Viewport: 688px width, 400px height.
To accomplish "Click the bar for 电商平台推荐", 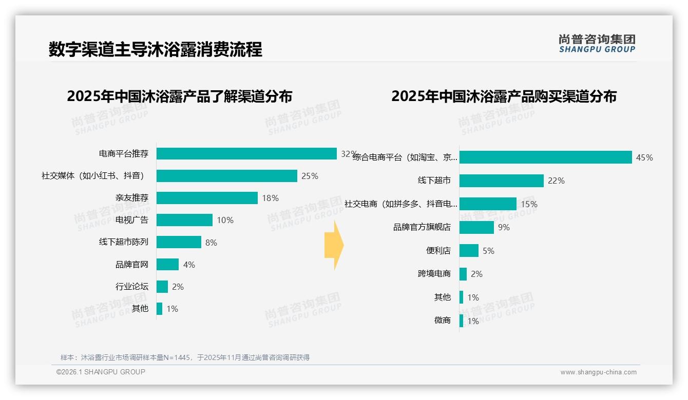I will (x=246, y=154).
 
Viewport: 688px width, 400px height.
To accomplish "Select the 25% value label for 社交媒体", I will (x=310, y=176).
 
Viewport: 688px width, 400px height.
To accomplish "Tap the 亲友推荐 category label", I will (x=132, y=198).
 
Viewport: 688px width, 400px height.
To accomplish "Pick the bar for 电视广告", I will (x=184, y=220).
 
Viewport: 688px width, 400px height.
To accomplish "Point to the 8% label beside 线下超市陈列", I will (x=211, y=243).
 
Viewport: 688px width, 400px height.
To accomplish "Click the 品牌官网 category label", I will (x=132, y=265).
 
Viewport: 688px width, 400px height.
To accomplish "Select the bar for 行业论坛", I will (x=162, y=287).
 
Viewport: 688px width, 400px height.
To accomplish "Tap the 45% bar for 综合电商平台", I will (x=545, y=157).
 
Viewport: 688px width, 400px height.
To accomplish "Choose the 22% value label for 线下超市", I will (x=556, y=181).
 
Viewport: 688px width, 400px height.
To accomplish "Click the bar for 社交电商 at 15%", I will (x=488, y=204).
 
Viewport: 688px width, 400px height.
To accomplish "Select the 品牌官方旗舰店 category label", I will (x=422, y=227).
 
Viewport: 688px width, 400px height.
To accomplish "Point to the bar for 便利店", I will (x=469, y=251).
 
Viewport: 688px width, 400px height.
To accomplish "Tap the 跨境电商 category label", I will (x=434, y=274).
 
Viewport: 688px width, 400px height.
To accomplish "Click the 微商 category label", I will (x=443, y=321).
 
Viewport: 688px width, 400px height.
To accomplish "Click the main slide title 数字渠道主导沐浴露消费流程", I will (x=156, y=49).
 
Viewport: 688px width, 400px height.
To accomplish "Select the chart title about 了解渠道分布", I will (x=180, y=96).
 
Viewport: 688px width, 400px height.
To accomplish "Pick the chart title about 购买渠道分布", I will (x=504, y=96).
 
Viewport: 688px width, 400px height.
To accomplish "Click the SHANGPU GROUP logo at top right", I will (x=597, y=44).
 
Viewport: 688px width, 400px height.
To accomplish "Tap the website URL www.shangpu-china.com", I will (x=598, y=372).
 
